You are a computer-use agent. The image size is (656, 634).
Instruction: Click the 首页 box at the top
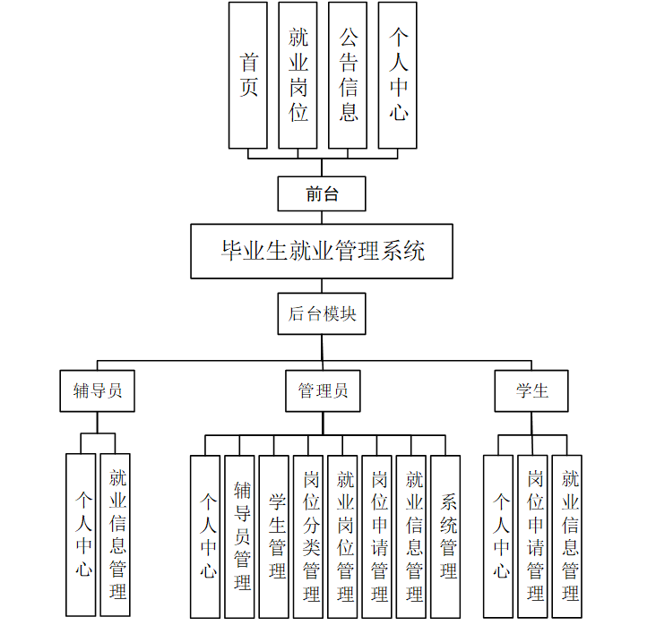point(247,75)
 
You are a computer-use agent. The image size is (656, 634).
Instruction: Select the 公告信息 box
point(348,75)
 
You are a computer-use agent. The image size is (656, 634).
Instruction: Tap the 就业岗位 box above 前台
point(298,75)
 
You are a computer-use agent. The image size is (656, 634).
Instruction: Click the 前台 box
point(322,193)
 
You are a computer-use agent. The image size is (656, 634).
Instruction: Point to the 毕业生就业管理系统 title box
point(322,251)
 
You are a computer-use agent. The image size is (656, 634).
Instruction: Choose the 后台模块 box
point(322,313)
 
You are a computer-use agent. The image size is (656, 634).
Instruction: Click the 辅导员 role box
point(98,391)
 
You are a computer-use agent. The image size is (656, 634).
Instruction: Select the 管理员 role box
point(323,391)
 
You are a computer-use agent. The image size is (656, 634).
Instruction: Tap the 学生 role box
point(531,391)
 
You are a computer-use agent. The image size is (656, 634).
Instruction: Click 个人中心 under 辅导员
point(81,535)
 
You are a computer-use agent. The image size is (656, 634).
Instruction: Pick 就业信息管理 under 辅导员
point(115,535)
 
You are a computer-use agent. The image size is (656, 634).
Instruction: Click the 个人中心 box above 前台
point(398,75)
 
